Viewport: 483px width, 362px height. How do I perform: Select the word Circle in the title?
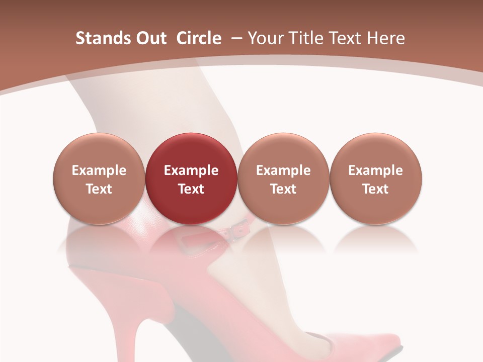tap(199, 38)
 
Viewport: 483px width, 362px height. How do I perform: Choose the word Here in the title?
tap(385, 38)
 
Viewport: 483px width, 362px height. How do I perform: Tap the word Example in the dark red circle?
tap(191, 170)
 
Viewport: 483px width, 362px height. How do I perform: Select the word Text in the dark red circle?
tap(191, 189)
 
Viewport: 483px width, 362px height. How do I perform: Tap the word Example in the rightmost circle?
tap(375, 170)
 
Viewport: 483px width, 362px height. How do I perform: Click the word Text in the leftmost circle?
tap(99, 189)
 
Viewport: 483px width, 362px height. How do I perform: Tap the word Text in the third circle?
tap(283, 189)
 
